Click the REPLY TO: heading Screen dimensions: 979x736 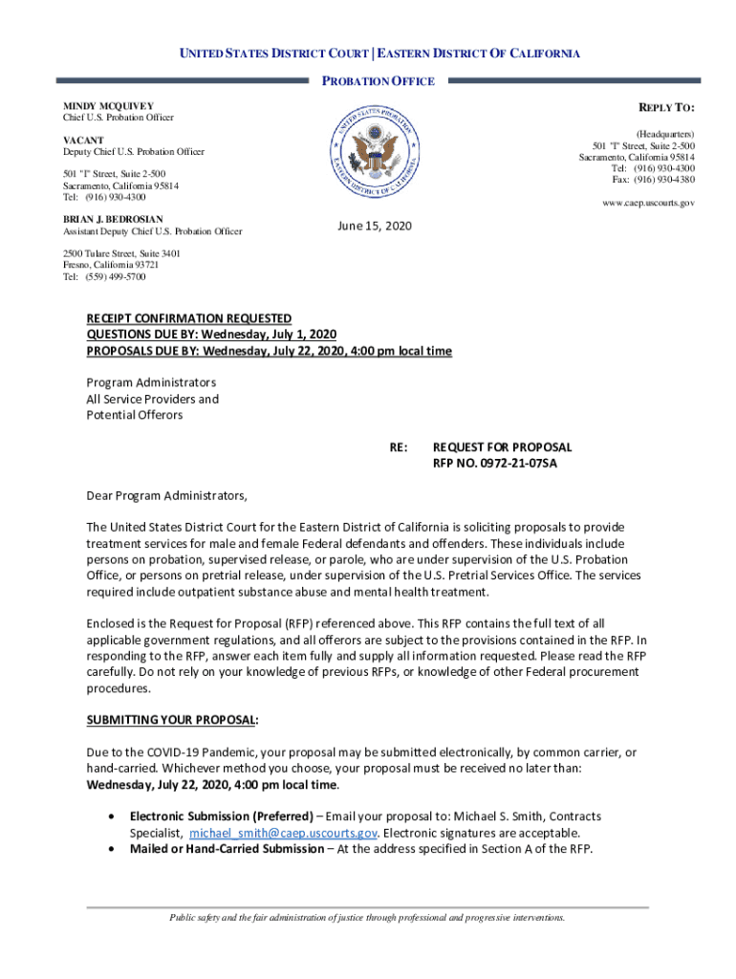[666, 106]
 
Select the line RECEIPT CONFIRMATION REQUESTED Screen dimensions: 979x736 [189, 317]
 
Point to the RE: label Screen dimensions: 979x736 [399, 446]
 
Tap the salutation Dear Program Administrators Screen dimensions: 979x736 [167, 495]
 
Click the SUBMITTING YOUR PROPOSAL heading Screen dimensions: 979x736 [172, 719]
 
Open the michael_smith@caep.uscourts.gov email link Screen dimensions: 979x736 [282, 833]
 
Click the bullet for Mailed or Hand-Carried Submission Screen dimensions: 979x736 [115, 849]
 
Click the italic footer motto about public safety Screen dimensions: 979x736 [368, 918]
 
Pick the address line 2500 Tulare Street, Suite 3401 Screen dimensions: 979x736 [121, 253]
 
